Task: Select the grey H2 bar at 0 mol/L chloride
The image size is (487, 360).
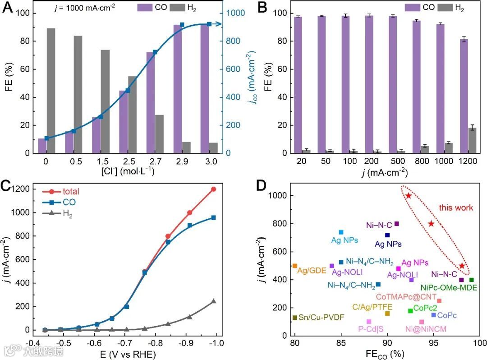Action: point(51,90)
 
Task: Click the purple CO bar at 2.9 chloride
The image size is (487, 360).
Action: point(178,88)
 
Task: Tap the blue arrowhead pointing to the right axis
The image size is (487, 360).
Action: point(221,24)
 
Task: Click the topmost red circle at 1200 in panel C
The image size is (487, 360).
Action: point(213,189)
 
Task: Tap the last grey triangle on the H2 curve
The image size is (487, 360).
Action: point(213,301)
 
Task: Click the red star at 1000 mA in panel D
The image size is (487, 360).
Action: point(408,196)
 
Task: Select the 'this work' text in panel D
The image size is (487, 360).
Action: point(456,208)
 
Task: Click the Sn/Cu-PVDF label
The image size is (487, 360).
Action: point(322,317)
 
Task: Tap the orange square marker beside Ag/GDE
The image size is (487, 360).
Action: point(295,266)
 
